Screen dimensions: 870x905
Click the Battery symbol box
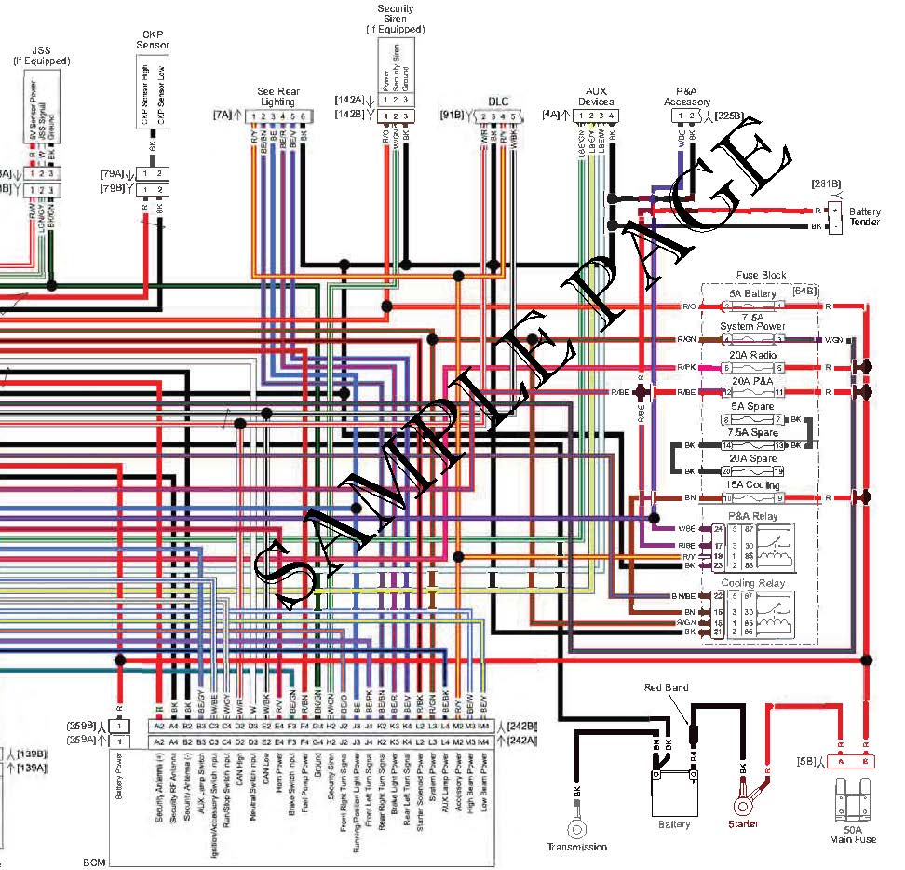[x=673, y=795]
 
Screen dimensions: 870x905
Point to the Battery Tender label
[x=865, y=217]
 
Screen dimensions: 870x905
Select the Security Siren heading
[x=395, y=20]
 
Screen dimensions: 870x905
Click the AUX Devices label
[x=596, y=96]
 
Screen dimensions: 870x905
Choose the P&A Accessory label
[x=687, y=96]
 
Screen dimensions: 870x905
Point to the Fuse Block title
[x=761, y=275]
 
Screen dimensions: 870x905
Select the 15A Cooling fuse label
[x=754, y=485]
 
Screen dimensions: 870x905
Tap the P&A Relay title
[x=753, y=516]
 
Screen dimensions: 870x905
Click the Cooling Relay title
[x=753, y=583]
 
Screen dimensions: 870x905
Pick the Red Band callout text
[x=667, y=687]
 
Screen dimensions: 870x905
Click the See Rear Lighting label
[x=277, y=95]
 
